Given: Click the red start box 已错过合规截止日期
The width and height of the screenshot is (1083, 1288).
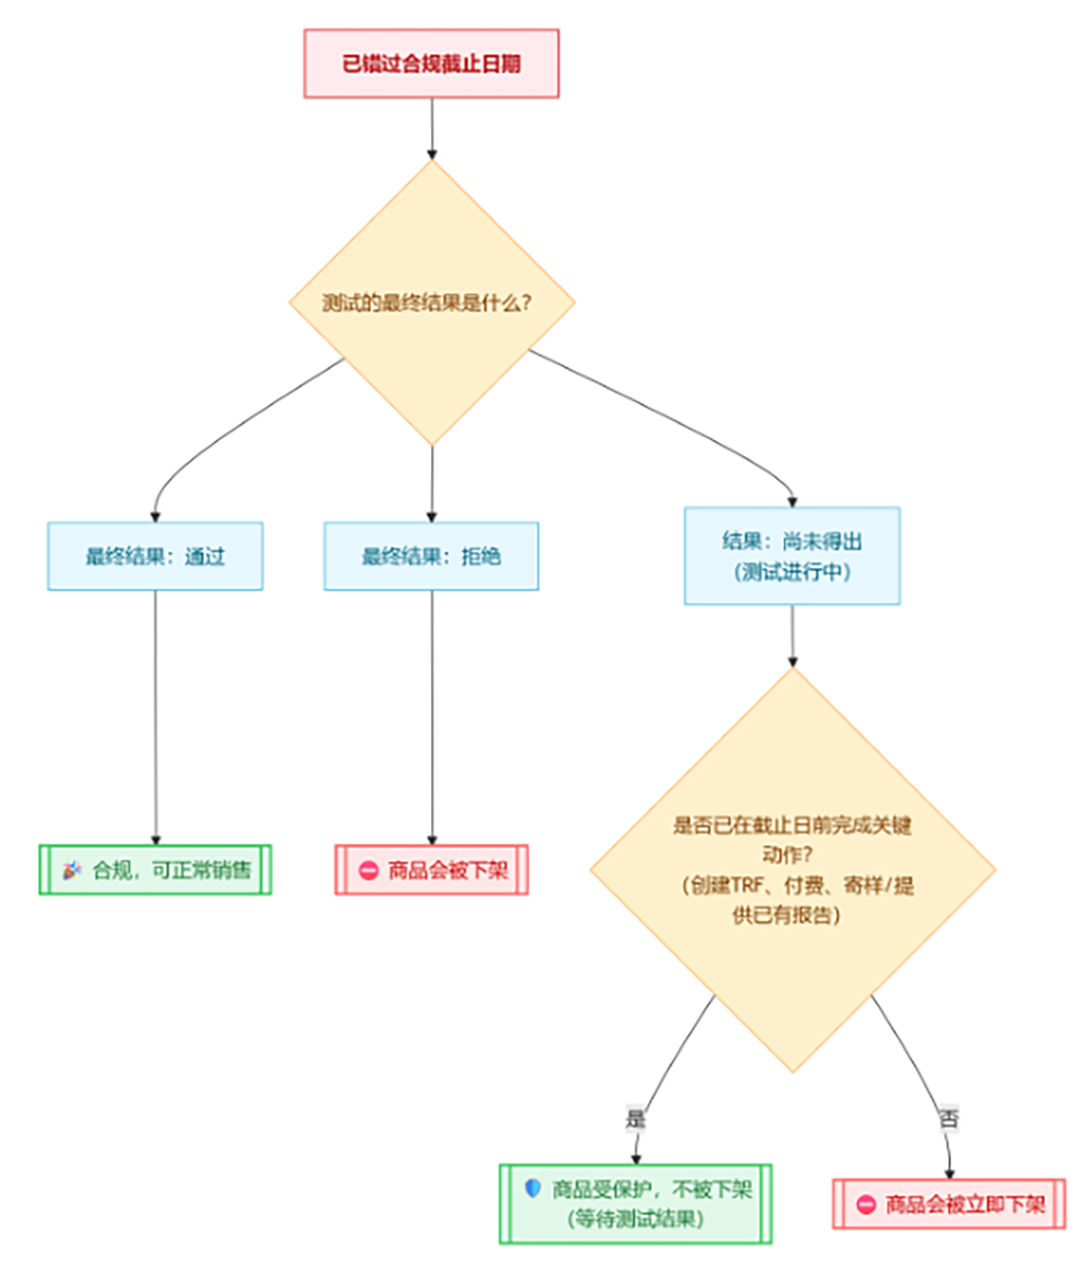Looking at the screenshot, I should click(x=431, y=64).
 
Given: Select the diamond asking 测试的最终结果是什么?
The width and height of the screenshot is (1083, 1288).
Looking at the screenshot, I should click(x=431, y=302).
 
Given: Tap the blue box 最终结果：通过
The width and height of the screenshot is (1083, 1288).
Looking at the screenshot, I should click(x=155, y=555).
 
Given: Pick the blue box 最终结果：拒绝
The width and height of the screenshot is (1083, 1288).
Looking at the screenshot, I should click(x=431, y=555).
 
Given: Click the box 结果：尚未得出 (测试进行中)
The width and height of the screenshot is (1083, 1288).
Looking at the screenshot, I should click(x=792, y=555).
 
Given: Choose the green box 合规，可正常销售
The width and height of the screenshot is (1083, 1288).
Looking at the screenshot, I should click(x=155, y=869).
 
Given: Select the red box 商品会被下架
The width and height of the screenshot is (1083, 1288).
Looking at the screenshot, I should click(x=431, y=869).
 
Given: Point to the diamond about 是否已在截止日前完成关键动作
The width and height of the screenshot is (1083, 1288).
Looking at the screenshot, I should click(x=792, y=869).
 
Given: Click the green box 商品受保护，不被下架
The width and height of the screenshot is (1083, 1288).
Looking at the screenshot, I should click(x=635, y=1203).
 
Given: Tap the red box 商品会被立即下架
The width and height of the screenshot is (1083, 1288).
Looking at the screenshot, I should click(x=948, y=1204).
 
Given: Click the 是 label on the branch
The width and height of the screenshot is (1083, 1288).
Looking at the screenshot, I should click(x=635, y=1118).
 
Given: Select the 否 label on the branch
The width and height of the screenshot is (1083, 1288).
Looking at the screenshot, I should click(x=948, y=1118).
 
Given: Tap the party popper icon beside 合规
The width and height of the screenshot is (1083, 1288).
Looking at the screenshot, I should click(x=71, y=869).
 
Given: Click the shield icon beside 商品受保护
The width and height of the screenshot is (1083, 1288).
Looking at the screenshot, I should click(x=533, y=1188).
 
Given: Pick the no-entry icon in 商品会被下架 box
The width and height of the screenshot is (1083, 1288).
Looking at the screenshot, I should click(x=368, y=869).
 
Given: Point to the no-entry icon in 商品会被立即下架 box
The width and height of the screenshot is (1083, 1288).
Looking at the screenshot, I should click(x=866, y=1204).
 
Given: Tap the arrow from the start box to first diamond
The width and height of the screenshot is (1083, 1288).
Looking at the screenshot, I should click(x=431, y=127).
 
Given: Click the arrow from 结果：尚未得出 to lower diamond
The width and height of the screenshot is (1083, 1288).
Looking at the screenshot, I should click(x=792, y=636).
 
